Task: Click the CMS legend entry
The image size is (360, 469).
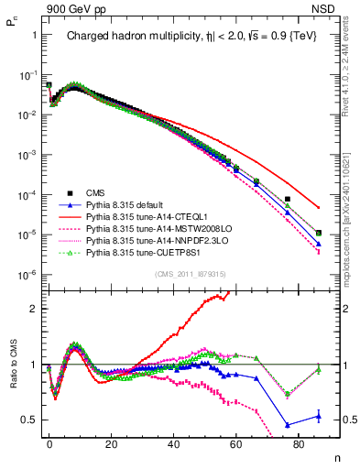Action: (x=95, y=192)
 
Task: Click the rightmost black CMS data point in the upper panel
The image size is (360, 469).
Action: (x=318, y=233)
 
